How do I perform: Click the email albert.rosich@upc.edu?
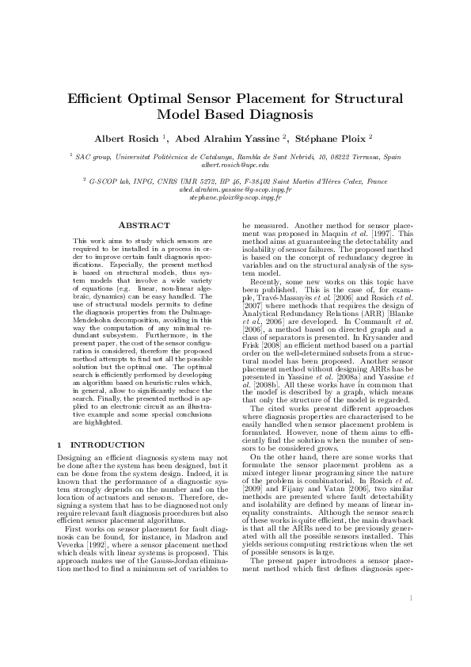(x=235, y=165)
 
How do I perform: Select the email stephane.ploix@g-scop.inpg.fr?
(x=235, y=197)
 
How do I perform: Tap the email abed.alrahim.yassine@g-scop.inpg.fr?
(x=235, y=190)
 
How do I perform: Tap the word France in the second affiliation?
(x=374, y=181)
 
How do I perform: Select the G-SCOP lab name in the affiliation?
(x=104, y=181)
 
